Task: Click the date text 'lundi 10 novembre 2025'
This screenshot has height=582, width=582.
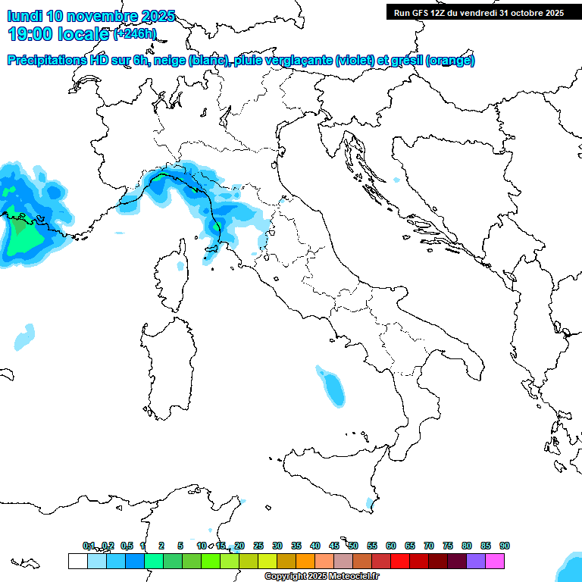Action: (91, 16)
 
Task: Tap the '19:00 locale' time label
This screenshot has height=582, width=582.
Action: (59, 34)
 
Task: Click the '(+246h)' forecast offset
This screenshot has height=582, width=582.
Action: (135, 34)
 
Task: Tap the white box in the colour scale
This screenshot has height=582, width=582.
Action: (77, 561)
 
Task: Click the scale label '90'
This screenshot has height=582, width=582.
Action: (504, 546)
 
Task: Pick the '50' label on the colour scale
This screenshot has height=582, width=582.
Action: (352, 546)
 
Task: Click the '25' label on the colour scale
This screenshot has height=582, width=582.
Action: (258, 546)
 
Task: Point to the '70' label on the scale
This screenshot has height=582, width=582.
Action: (428, 546)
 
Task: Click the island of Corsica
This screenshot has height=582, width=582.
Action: (174, 277)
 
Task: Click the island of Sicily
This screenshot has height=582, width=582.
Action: (326, 477)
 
